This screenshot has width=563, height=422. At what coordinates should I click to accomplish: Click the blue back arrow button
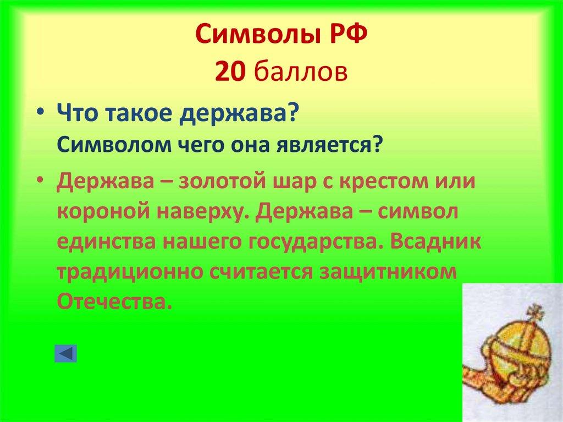pyautogui.click(x=65, y=353)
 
